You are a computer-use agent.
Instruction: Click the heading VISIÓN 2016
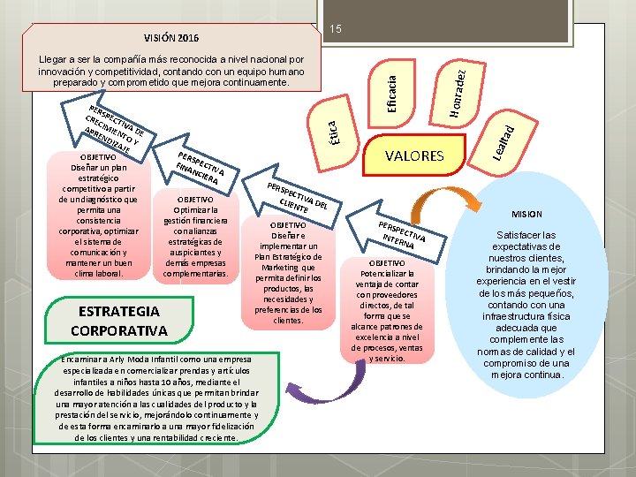[x=171, y=38]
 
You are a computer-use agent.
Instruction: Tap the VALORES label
[x=415, y=155]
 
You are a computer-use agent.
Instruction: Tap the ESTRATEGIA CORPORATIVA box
[x=119, y=321]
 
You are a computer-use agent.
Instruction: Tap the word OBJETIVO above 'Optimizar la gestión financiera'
[x=196, y=200]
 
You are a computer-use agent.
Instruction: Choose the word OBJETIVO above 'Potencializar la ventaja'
[x=388, y=263]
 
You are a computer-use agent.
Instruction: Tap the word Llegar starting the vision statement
[x=54, y=59]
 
